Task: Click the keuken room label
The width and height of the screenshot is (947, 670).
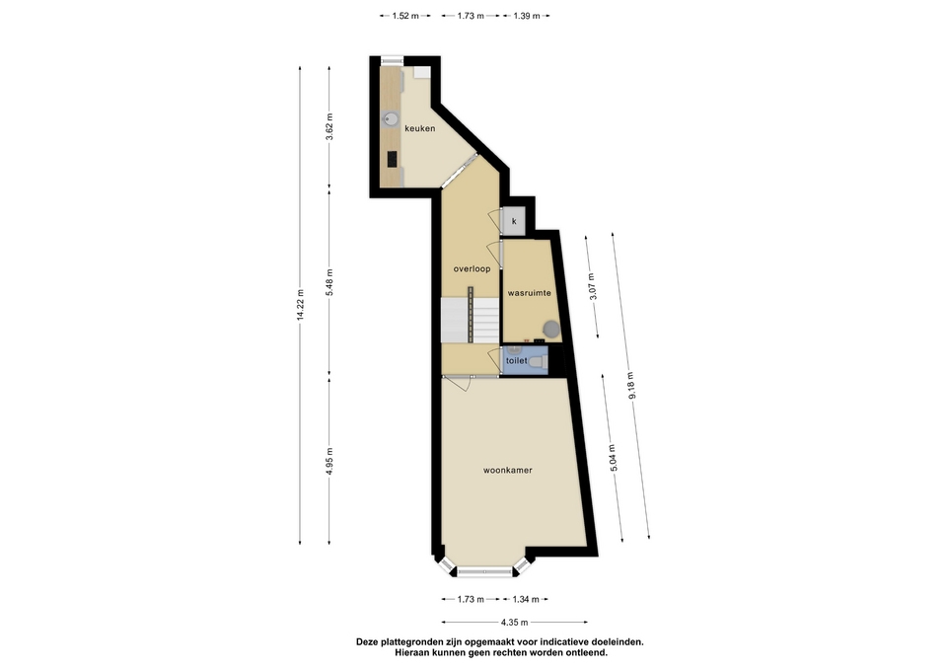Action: [x=420, y=128]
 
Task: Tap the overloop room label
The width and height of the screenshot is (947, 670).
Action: [x=472, y=268]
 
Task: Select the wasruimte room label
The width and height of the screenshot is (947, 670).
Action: [x=529, y=293]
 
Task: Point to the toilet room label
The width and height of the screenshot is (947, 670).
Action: [x=516, y=361]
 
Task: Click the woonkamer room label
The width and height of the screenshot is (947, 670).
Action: [x=507, y=470]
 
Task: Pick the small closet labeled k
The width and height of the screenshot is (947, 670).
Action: [x=514, y=221]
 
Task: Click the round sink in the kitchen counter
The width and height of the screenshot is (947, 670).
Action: [x=391, y=119]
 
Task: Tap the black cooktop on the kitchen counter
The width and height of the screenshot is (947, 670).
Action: [x=392, y=160]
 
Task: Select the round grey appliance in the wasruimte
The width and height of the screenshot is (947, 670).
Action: [x=551, y=330]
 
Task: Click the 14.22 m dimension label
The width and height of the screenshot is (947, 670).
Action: [x=300, y=306]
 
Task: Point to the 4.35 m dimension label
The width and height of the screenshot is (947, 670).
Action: [x=514, y=623]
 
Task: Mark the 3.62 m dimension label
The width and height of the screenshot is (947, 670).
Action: [x=329, y=127]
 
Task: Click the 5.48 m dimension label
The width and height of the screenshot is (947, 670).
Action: [x=329, y=282]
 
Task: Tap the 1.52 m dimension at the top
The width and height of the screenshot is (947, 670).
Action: [x=405, y=17]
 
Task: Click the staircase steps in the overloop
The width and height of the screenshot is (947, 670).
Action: [x=470, y=320]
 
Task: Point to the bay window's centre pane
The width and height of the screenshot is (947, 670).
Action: [x=485, y=571]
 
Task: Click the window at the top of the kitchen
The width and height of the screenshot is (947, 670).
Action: [x=392, y=60]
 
